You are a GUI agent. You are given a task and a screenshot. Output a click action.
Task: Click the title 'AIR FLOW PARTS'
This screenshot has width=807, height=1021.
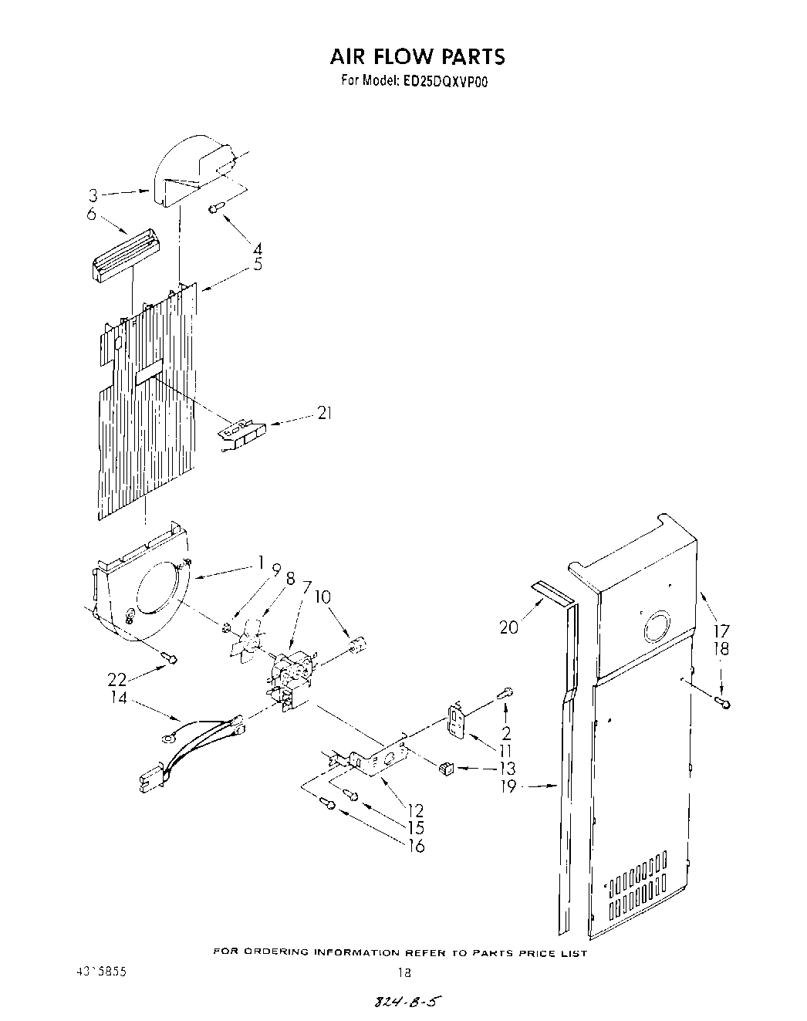417,56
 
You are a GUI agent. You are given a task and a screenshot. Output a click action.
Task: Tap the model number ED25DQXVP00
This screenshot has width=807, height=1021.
444,80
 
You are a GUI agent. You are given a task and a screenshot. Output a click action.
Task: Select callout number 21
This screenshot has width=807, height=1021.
324,414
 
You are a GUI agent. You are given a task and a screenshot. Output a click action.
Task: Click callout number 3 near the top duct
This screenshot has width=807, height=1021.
93,195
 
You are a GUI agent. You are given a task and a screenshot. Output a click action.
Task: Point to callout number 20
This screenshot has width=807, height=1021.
508,627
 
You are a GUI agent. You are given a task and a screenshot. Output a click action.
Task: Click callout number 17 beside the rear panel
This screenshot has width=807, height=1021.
721,629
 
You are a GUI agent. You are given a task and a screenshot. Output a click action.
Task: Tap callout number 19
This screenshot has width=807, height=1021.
508,788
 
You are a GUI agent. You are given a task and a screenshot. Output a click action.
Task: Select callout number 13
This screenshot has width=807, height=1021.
507,769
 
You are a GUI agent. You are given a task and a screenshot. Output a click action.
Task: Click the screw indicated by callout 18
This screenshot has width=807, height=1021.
723,702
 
